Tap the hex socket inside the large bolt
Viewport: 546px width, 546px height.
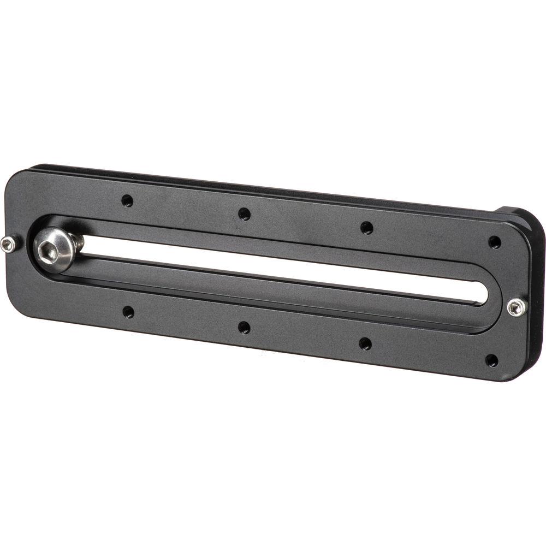46,248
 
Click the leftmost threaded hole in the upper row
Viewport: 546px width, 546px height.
127,200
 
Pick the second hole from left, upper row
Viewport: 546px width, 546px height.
244,213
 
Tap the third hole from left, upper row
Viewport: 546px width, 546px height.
366,228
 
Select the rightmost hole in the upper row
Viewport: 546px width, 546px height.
495,241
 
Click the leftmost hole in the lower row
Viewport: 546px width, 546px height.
128,312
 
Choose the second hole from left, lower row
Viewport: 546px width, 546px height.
244,328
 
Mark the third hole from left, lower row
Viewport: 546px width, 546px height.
365,343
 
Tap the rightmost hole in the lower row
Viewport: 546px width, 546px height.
492,360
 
